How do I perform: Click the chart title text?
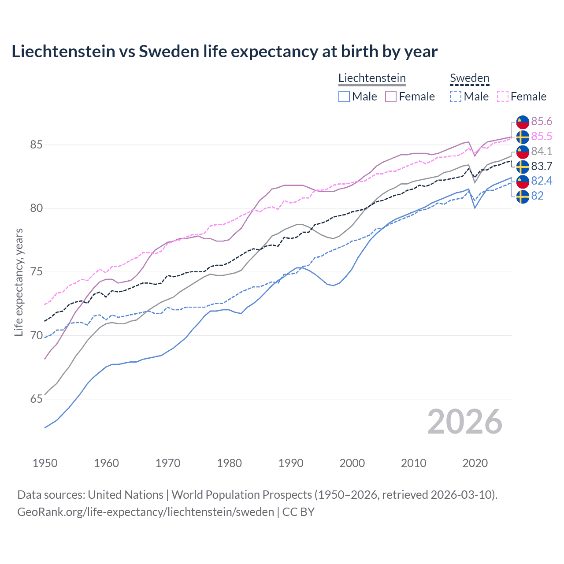224,52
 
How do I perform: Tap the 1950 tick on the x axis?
45,463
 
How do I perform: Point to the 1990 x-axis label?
291,463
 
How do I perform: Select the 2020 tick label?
475,463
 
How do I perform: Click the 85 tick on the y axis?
36,145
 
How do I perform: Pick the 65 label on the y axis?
36,399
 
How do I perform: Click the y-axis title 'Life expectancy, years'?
19,282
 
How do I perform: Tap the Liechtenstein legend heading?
372,78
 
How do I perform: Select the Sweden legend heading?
469,78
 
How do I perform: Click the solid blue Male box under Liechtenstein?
344,96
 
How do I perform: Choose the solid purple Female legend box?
391,96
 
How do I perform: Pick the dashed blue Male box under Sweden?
456,96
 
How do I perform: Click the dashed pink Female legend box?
503,96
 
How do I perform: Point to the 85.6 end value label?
542,122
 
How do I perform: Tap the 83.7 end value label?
542,167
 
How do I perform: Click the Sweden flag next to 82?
523,197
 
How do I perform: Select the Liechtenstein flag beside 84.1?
523,152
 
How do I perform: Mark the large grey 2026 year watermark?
464,422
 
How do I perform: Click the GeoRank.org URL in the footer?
145,512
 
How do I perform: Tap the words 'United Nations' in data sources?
126,495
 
